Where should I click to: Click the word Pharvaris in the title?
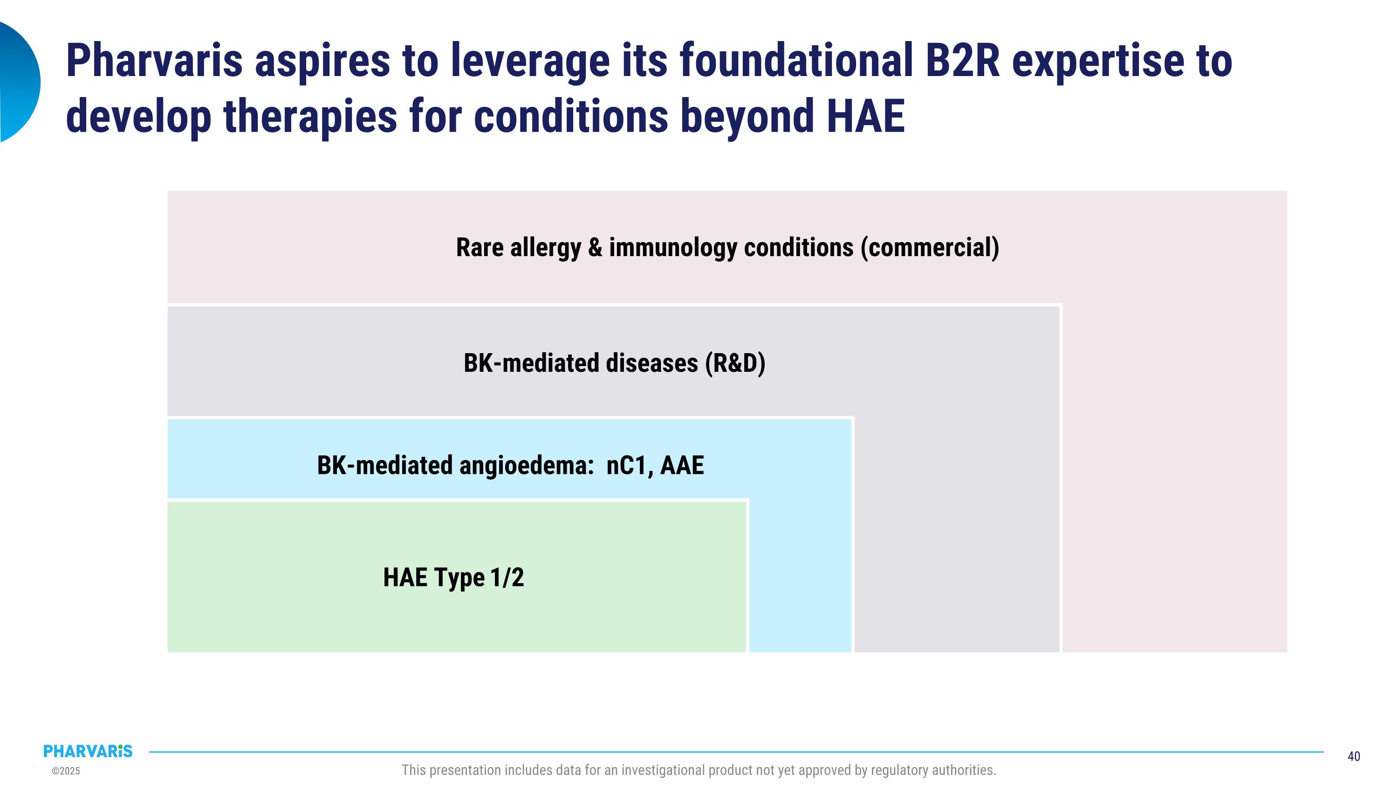154,61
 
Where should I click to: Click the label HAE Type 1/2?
454,578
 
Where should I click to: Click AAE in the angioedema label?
682,466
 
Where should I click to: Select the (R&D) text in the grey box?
735,363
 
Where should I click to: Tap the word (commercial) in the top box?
930,248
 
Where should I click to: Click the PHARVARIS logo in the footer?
88,751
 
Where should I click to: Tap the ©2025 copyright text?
66,771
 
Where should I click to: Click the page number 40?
1354,757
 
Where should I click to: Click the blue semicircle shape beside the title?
20,82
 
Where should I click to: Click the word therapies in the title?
310,116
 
